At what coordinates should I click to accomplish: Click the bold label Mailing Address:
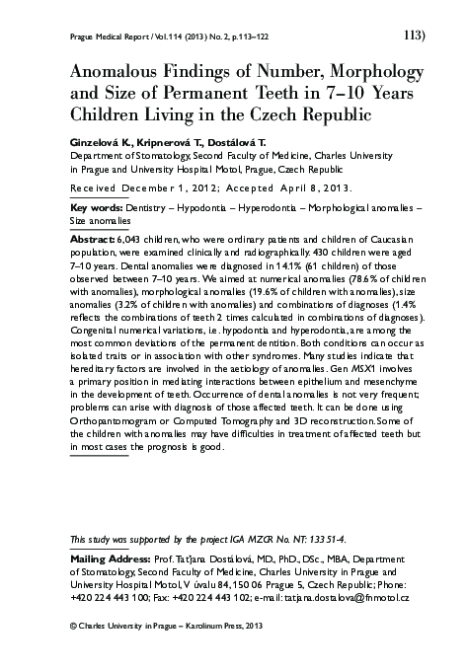(x=108, y=558)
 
